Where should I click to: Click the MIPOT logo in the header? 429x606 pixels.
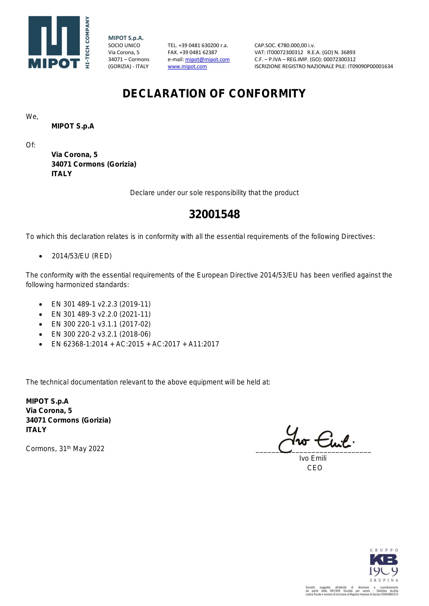point(59,42)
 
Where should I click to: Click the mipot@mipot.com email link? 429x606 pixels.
point(207,59)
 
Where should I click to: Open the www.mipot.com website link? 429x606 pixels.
point(187,67)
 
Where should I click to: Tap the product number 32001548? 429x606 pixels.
point(214,214)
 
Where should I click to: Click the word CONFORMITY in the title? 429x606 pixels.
point(267,94)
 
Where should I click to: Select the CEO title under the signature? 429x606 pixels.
point(315,468)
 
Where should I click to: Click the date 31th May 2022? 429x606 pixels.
point(82,449)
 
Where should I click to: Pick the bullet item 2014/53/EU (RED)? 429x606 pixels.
point(82,256)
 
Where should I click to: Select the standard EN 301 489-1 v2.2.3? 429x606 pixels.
point(101,304)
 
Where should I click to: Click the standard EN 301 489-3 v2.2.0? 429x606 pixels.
point(101,314)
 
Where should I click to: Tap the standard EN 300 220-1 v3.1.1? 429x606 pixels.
point(101,324)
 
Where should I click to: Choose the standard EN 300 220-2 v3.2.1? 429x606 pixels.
point(101,334)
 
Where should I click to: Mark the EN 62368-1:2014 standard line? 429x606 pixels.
point(135,344)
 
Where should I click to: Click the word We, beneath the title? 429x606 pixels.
point(32,117)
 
